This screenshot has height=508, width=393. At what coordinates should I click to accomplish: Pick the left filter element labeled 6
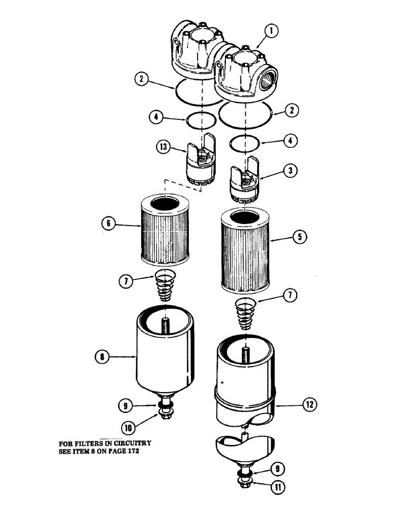(167, 232)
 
